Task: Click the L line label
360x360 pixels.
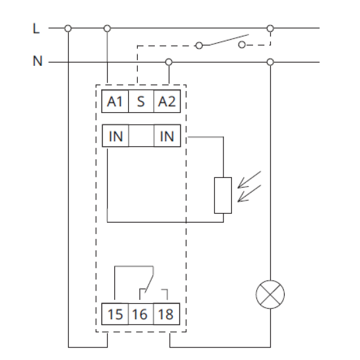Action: tap(36, 28)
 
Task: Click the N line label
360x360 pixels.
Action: tap(38, 61)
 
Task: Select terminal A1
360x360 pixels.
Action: tap(115, 101)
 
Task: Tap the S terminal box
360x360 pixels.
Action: tap(141, 101)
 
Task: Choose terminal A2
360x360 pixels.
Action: tap(167, 101)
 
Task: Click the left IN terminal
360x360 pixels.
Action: tap(116, 136)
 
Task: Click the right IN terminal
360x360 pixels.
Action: tap(167, 136)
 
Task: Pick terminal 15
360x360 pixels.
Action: tap(115, 314)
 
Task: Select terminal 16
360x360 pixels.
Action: tap(141, 314)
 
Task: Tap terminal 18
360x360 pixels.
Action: tap(167, 314)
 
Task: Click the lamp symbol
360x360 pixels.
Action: tap(270, 295)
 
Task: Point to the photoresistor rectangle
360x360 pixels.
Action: tap(223, 195)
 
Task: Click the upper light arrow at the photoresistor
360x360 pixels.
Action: tap(249, 179)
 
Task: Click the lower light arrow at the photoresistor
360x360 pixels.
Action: tap(249, 193)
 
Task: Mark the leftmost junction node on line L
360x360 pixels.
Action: tap(68, 28)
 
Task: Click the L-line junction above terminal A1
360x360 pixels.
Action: tap(107, 28)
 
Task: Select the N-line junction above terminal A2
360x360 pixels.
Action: tap(169, 62)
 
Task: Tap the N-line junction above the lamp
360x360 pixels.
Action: tap(270, 62)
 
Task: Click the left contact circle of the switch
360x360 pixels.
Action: tap(199, 45)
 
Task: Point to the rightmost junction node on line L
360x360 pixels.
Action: tap(270, 28)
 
